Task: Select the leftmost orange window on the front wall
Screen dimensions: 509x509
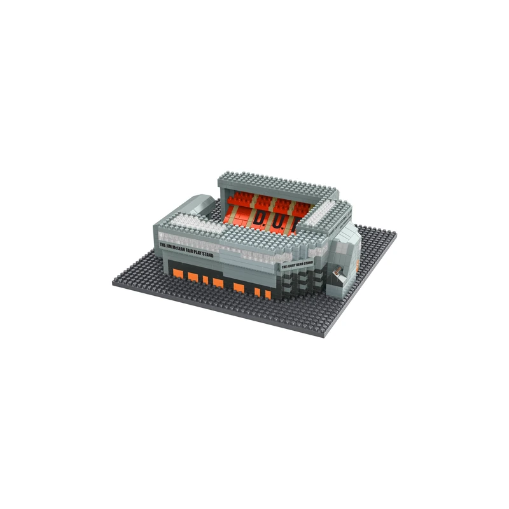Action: pos(178,274)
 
